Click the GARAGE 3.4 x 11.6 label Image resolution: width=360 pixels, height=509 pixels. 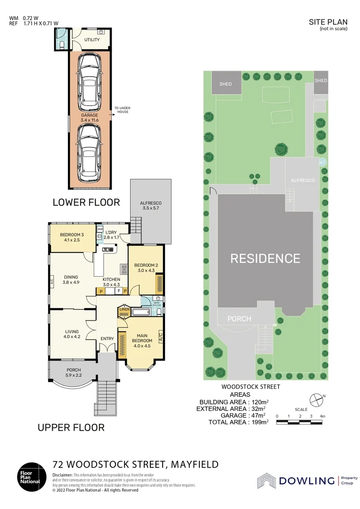90,118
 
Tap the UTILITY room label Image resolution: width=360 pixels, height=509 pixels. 92,40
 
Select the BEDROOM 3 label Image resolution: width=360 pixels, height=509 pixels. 72,238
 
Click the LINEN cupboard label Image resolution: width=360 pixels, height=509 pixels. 124,310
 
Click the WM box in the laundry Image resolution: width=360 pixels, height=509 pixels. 100,230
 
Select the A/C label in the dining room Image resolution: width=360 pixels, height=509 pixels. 52,282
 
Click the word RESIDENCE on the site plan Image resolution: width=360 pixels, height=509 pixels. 265,258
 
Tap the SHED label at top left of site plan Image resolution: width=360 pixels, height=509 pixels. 226,84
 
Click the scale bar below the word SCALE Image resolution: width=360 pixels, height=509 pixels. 300,422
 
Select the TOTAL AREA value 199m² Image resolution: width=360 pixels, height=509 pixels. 259,422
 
